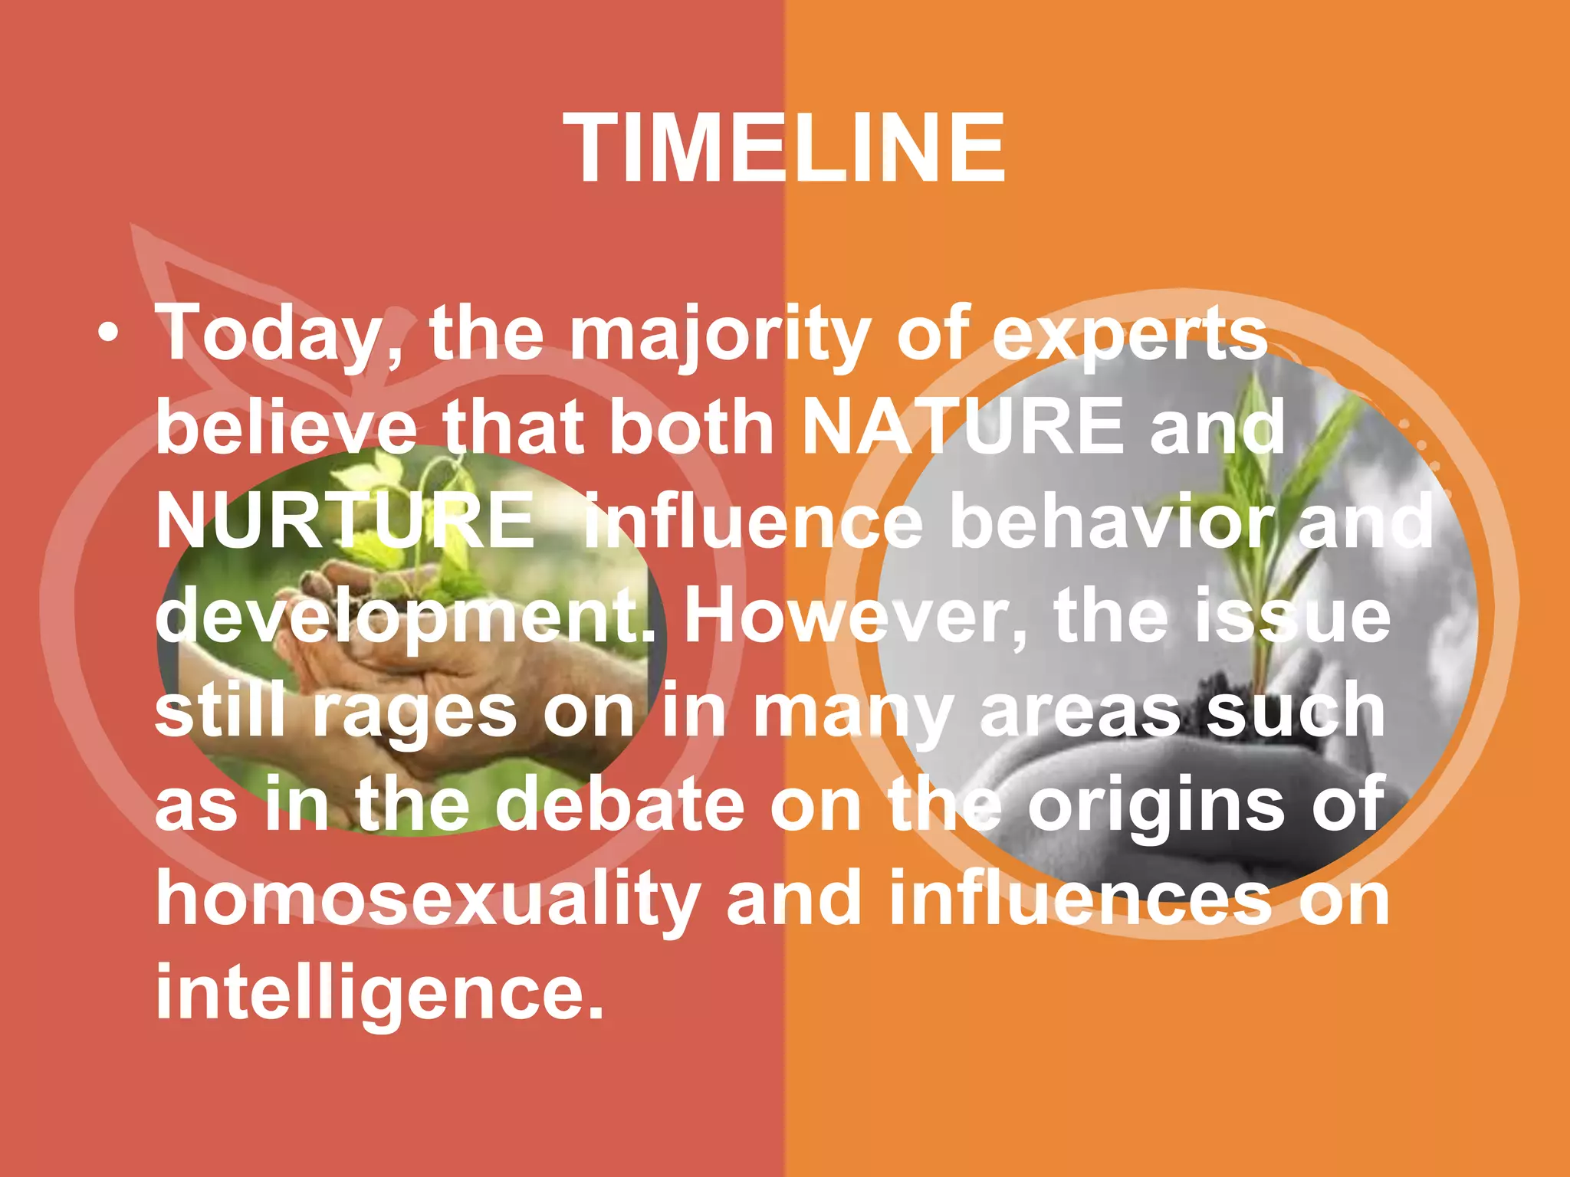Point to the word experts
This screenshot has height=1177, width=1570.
click(x=1130, y=335)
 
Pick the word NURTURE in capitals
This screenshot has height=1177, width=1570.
click(x=345, y=522)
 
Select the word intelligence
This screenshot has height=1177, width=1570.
click(x=379, y=993)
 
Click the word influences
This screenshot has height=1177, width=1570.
click(x=1081, y=900)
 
